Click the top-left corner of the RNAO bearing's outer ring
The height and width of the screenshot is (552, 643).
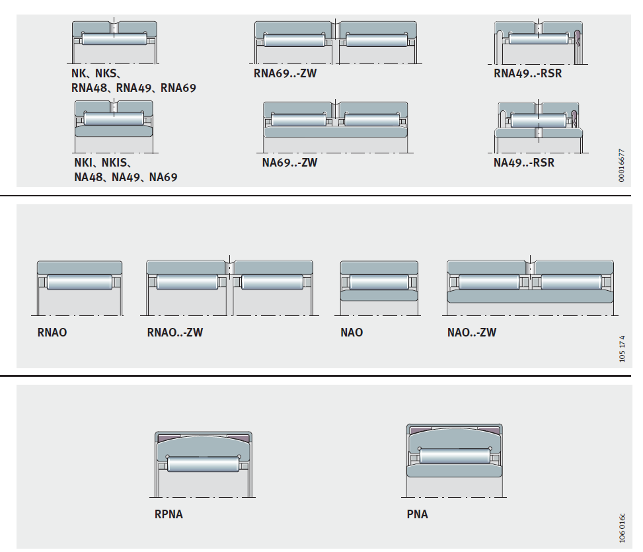(x=37, y=261)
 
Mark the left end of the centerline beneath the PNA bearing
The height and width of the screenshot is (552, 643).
(x=401, y=497)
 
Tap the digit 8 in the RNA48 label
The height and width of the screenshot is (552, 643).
(x=104, y=88)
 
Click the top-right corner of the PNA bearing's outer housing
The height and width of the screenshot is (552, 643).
(x=502, y=425)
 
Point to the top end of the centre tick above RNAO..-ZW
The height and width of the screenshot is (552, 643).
(x=230, y=255)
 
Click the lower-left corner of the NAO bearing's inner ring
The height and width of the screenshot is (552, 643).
(x=341, y=300)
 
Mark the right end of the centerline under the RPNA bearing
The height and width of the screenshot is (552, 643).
(x=256, y=497)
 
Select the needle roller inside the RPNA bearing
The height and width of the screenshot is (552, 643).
(x=204, y=464)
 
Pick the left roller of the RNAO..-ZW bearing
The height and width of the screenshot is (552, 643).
(x=188, y=282)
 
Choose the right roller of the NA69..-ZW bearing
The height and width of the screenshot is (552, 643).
(x=372, y=120)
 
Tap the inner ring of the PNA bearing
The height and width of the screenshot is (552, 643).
(x=455, y=471)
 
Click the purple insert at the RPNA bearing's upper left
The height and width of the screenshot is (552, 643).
(x=169, y=438)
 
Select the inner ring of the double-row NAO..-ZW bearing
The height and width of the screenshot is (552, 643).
(x=530, y=297)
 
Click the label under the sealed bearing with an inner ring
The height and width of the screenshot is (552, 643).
(x=523, y=163)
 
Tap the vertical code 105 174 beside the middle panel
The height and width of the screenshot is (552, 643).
(x=622, y=348)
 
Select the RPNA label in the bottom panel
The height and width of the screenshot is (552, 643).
(x=169, y=514)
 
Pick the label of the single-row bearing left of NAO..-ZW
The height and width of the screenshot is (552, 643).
(x=352, y=332)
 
